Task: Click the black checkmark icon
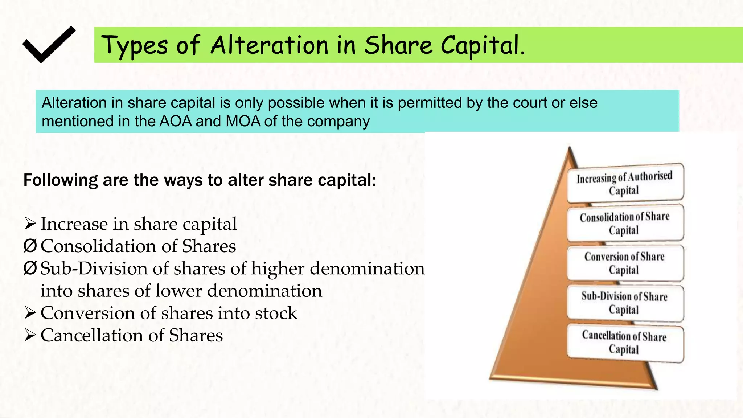tap(49, 45)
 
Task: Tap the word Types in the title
tap(134, 46)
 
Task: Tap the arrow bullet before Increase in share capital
tap(30, 224)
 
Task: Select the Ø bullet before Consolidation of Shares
tap(30, 246)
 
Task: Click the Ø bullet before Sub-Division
tap(30, 269)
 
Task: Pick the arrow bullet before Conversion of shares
tap(30, 313)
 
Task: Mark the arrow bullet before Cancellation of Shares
tap(30, 336)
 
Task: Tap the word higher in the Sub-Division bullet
tap(278, 269)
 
